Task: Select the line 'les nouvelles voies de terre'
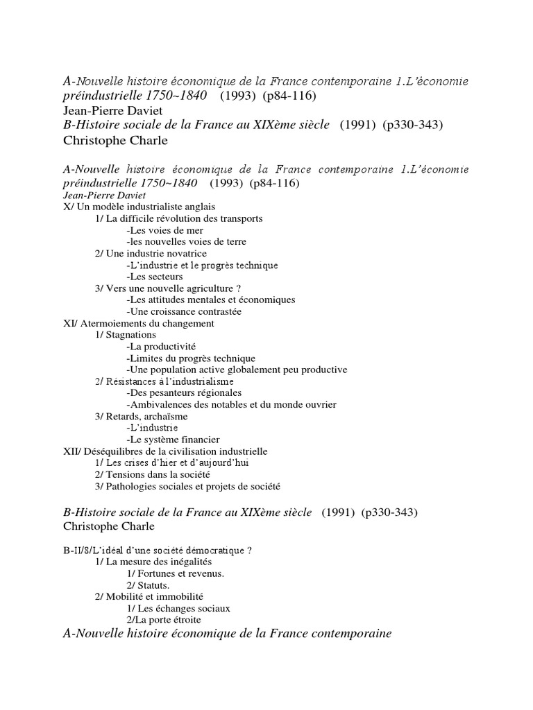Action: point(187,242)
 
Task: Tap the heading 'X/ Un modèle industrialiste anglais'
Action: point(139,207)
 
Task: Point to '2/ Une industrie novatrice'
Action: point(151,254)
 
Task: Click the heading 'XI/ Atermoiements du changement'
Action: point(139,323)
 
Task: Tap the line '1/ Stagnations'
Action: point(126,335)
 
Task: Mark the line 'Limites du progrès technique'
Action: point(191,358)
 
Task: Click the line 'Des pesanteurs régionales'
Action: point(184,393)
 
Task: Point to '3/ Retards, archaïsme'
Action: point(142,417)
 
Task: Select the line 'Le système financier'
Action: point(174,440)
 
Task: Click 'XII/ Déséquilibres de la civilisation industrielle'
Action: point(165,451)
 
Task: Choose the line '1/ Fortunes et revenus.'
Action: point(176,574)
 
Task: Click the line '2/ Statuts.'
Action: point(149,586)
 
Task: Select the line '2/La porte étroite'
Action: point(164,620)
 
